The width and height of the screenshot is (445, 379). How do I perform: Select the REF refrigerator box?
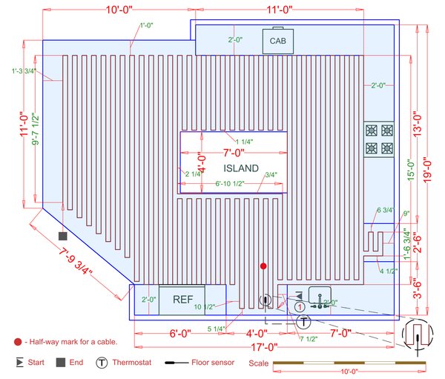coord(182,300)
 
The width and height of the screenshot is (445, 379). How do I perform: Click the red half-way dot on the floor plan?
coord(263,266)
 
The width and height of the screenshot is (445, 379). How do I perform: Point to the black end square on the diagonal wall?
coord(64,234)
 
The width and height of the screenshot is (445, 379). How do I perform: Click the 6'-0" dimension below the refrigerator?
coord(181,334)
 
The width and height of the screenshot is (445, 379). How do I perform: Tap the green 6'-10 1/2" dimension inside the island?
coord(234,183)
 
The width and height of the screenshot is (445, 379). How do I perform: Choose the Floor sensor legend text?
coord(214,363)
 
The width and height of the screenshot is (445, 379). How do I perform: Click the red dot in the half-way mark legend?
coord(17,342)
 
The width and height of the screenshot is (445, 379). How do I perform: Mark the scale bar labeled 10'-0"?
coord(343,363)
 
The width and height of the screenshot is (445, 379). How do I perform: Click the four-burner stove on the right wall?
coord(379,139)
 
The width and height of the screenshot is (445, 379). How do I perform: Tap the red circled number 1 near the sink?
coord(299,306)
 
